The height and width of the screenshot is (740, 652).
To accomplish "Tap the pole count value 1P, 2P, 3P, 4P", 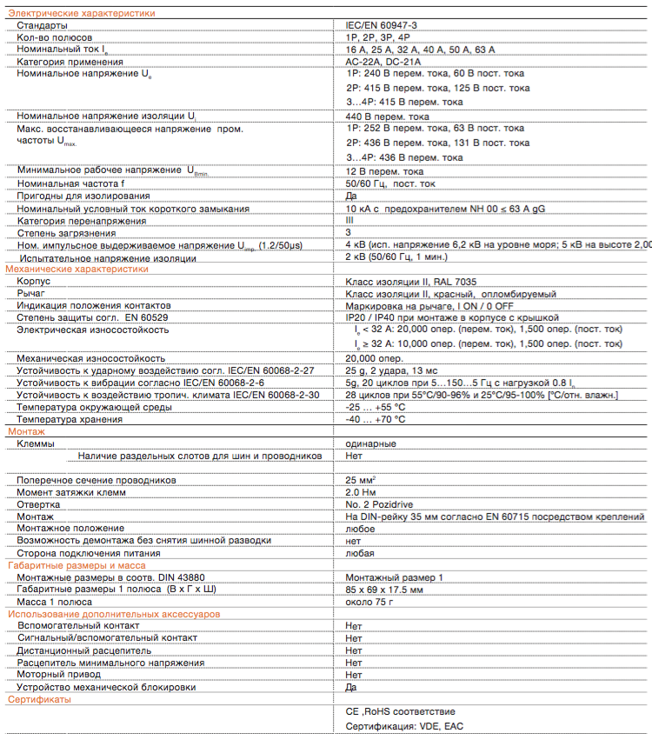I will point(378,38).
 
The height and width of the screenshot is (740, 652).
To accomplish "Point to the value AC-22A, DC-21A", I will point(383,63).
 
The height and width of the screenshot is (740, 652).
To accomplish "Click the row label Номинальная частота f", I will point(70,184).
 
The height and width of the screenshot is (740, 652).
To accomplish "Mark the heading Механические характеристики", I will point(77,270).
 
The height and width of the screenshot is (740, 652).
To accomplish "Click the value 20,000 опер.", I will point(374,358).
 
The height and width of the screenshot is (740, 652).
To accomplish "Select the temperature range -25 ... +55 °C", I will point(376,407).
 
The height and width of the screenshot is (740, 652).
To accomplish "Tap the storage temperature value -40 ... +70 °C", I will point(376,419).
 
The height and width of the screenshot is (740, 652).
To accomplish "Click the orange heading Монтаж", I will point(26,431).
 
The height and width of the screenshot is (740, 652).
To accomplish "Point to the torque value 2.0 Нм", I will point(360,492).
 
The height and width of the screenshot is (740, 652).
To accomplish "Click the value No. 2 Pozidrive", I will point(381,504).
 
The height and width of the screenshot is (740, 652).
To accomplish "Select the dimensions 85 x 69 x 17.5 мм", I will point(384,590).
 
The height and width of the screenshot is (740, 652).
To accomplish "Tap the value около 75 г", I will point(370,602).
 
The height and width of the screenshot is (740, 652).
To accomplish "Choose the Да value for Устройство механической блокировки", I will point(351,687).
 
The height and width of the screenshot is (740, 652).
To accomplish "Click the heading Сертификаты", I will point(40,700).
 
